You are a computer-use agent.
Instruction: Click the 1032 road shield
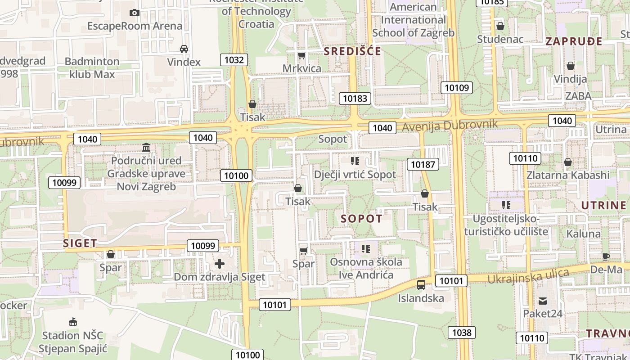[x=234, y=60]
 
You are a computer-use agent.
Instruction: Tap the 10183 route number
[x=355, y=99]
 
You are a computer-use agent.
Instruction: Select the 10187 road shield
[x=423, y=164]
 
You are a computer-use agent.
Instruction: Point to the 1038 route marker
[x=462, y=333]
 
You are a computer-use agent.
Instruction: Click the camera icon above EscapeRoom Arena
[x=134, y=13]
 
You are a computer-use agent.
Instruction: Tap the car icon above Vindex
[x=184, y=49]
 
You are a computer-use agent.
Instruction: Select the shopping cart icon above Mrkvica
[x=301, y=55]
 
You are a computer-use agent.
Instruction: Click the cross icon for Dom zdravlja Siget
[x=220, y=263]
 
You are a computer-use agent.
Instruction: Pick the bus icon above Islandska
[x=421, y=284]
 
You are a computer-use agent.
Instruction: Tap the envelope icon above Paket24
[x=543, y=301]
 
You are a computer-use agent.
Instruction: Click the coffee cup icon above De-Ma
[x=606, y=256]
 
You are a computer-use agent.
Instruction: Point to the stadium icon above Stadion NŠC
[x=72, y=322]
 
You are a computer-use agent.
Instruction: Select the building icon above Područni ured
[x=146, y=148]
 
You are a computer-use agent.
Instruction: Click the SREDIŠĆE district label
[x=352, y=51]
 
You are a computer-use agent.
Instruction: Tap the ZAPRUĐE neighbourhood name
[x=574, y=42]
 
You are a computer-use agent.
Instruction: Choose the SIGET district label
[x=80, y=243]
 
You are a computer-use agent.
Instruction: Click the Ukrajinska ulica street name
[x=528, y=275]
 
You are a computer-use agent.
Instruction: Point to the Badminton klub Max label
[x=92, y=67]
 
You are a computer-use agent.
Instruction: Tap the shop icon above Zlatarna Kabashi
[x=568, y=162]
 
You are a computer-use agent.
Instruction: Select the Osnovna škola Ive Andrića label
[x=366, y=268]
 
